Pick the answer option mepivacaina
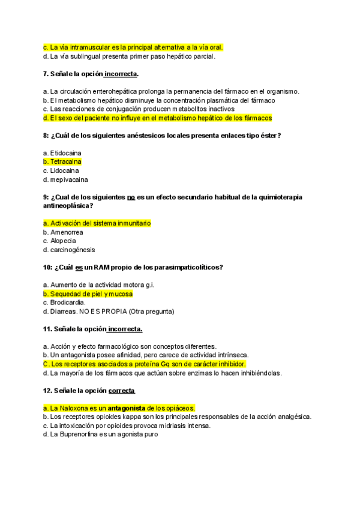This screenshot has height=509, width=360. [x=65, y=179]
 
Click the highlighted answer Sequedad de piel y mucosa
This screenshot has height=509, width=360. [x=88, y=294]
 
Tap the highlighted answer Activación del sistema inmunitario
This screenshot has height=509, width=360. [x=97, y=223]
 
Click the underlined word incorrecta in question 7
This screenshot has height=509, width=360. [x=121, y=74]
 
